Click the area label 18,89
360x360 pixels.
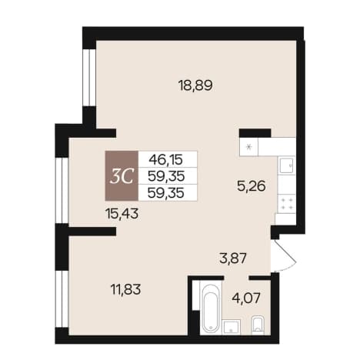(x=195, y=85)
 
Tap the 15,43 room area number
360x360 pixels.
(x=122, y=213)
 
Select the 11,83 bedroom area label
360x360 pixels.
(x=125, y=289)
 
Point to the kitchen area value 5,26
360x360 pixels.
(x=252, y=186)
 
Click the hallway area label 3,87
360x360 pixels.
(x=233, y=258)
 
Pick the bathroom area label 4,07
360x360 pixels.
(x=246, y=298)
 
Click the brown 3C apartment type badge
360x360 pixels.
(x=122, y=176)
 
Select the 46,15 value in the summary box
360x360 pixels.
(x=166, y=159)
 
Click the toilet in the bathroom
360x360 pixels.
(x=258, y=325)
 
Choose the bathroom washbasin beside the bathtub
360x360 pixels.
(x=232, y=327)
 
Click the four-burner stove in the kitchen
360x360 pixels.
(x=286, y=204)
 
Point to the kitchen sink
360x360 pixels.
(x=286, y=166)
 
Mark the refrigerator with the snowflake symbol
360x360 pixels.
(x=248, y=147)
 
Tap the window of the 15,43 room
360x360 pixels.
(x=62, y=190)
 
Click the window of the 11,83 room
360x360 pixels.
(x=62, y=299)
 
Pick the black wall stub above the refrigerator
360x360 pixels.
(x=255, y=133)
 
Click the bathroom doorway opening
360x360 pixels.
(x=237, y=278)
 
